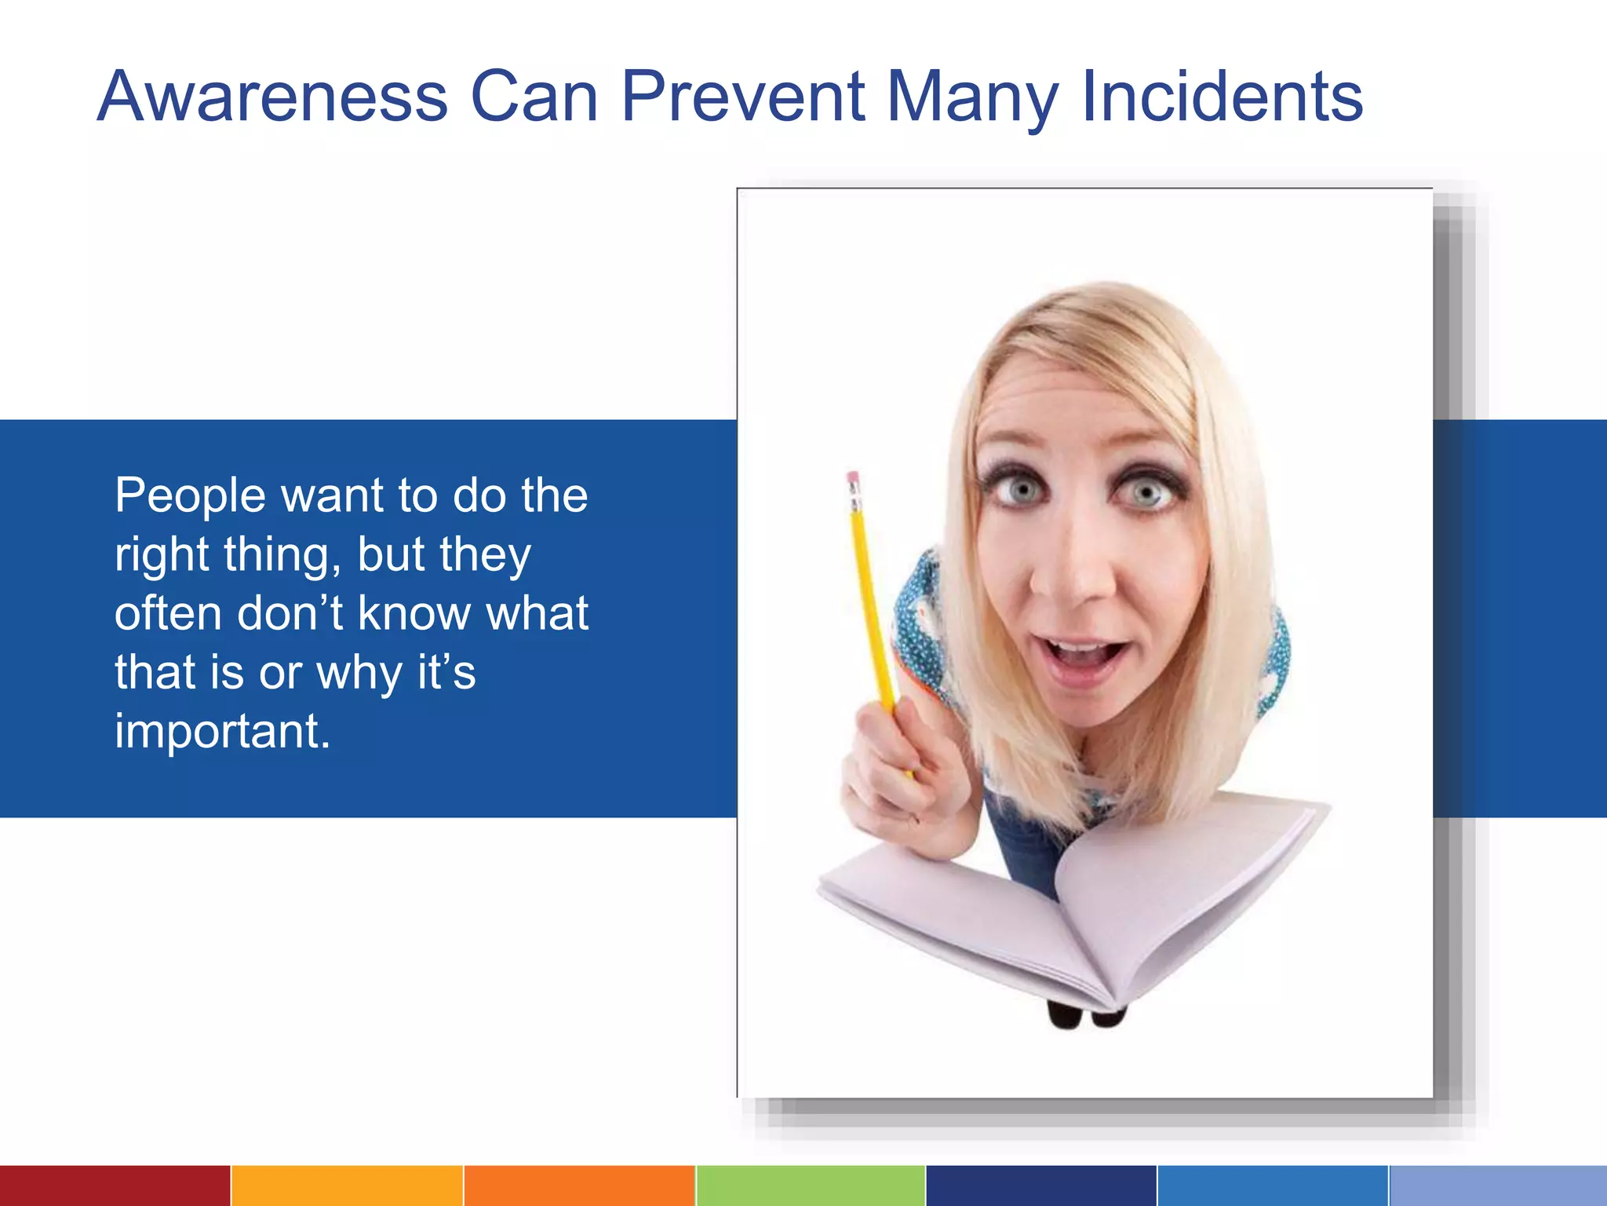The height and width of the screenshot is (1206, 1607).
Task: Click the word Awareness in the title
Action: point(272,97)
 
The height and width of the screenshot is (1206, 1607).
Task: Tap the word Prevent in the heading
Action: point(743,97)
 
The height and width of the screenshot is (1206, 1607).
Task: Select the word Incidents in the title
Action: point(1222,97)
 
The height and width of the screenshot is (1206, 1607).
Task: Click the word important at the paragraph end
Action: point(222,732)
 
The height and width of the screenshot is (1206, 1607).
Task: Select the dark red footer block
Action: point(115,1186)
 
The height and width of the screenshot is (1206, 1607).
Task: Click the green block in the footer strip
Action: point(811,1186)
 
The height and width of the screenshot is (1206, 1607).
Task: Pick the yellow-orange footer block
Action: point(347,1186)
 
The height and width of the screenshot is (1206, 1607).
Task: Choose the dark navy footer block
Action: point(1041,1186)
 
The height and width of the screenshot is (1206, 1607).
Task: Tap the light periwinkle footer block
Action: point(1498,1186)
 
